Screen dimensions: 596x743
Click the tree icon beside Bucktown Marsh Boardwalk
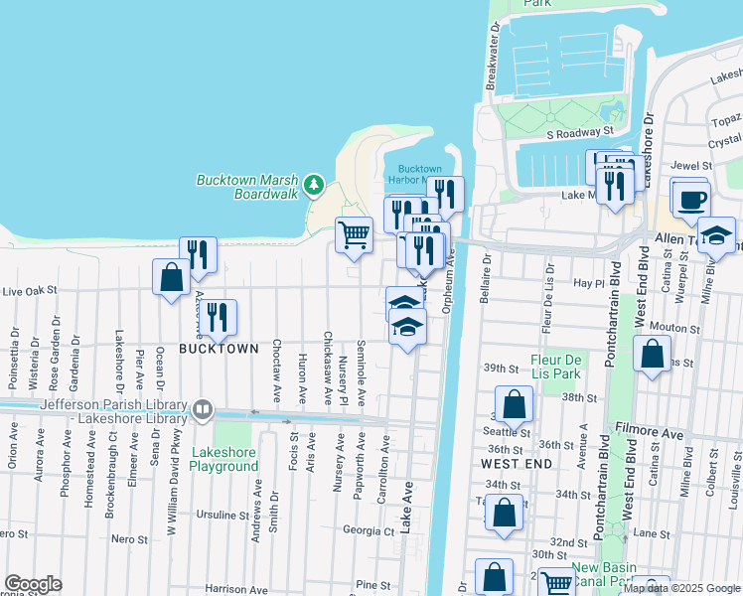(314, 185)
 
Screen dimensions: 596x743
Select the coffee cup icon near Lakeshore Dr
(689, 197)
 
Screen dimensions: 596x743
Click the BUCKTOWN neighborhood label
(219, 349)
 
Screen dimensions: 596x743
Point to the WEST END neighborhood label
(516, 464)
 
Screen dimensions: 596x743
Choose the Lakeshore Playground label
(223, 459)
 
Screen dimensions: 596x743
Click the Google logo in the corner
(33, 584)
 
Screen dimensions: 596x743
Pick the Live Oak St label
(30, 292)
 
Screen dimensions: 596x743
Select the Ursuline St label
(221, 516)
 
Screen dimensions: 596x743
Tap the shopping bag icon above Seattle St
(514, 403)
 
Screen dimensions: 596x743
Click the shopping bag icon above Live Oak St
(171, 275)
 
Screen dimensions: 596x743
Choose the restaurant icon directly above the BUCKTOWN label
(217, 317)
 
